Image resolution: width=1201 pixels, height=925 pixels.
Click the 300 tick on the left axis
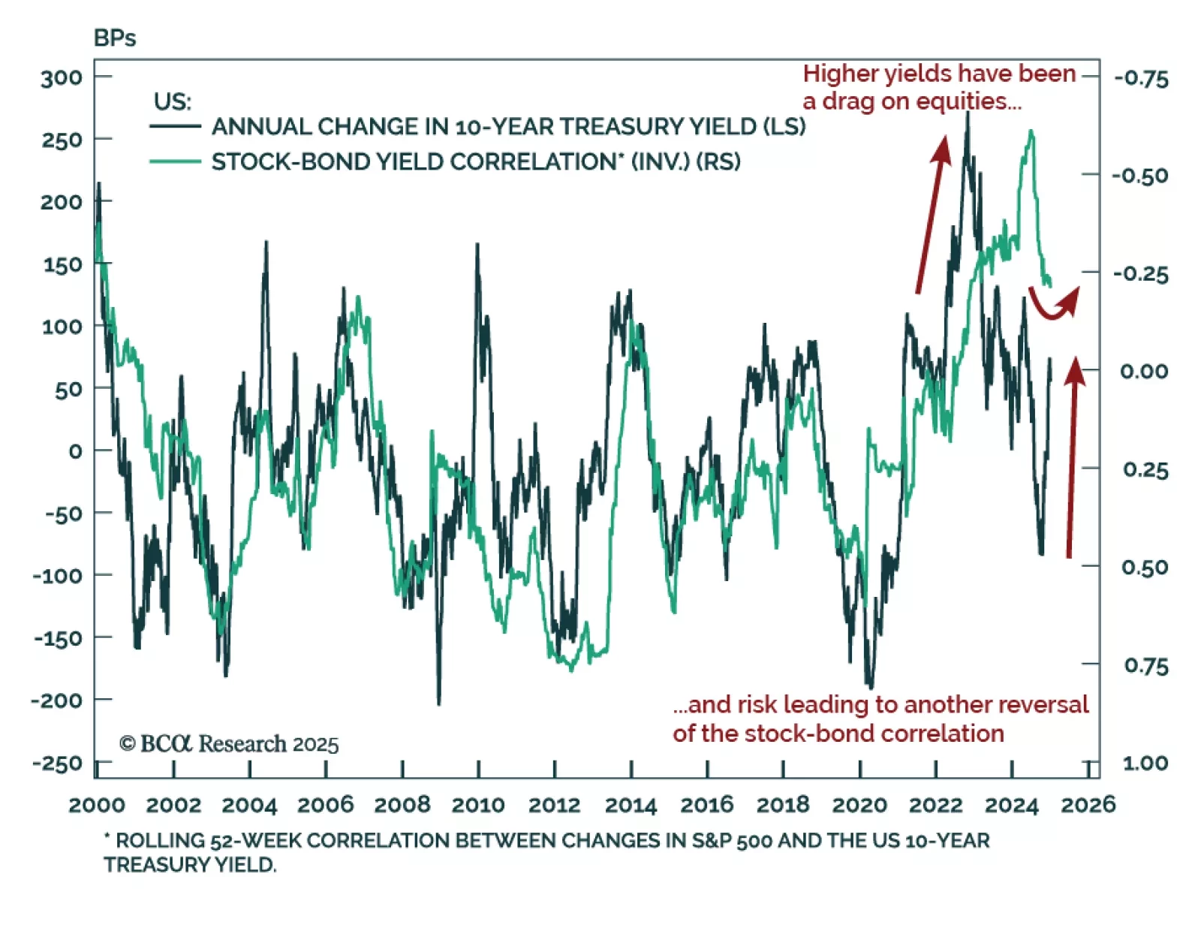tap(62, 77)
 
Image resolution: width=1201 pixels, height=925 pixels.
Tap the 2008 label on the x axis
tap(402, 805)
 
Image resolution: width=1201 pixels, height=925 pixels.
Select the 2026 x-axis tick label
tap(1088, 805)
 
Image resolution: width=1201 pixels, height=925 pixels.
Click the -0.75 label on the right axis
tap(1141, 78)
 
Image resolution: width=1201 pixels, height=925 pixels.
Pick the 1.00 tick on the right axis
tap(1145, 764)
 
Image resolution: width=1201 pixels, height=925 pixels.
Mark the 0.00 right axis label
tap(1144, 371)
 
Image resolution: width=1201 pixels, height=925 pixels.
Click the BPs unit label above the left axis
tap(115, 38)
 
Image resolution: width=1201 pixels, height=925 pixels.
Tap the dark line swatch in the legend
tap(175, 126)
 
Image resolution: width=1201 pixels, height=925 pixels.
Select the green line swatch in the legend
tap(175, 161)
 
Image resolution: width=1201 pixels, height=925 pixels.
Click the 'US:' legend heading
tap(173, 101)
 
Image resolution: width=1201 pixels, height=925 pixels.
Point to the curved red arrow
tap(1054, 304)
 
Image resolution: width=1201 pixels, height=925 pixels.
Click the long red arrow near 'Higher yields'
tap(931, 214)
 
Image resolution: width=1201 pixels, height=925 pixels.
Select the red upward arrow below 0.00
tap(1073, 458)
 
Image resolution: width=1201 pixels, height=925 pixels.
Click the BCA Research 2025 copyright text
tap(229, 744)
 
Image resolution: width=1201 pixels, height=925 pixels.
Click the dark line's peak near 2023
tap(968, 114)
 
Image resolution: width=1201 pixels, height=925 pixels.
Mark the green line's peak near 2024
tap(1031, 131)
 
